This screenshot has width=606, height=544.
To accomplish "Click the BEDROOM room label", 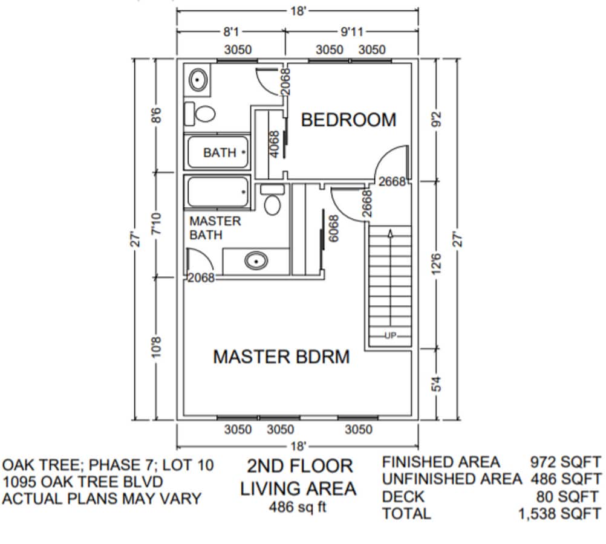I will [x=348, y=120].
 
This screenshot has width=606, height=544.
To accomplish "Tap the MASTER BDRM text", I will [x=281, y=357].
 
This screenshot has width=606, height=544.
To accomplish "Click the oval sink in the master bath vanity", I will [x=256, y=261].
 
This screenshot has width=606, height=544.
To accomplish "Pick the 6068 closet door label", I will [x=332, y=228].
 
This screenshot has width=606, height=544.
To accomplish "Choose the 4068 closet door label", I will [x=274, y=144].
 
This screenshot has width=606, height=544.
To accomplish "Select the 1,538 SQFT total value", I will [x=560, y=514].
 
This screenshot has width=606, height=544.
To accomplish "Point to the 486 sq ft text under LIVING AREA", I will [x=298, y=507].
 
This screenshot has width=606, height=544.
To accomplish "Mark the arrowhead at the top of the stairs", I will [x=390, y=232].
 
